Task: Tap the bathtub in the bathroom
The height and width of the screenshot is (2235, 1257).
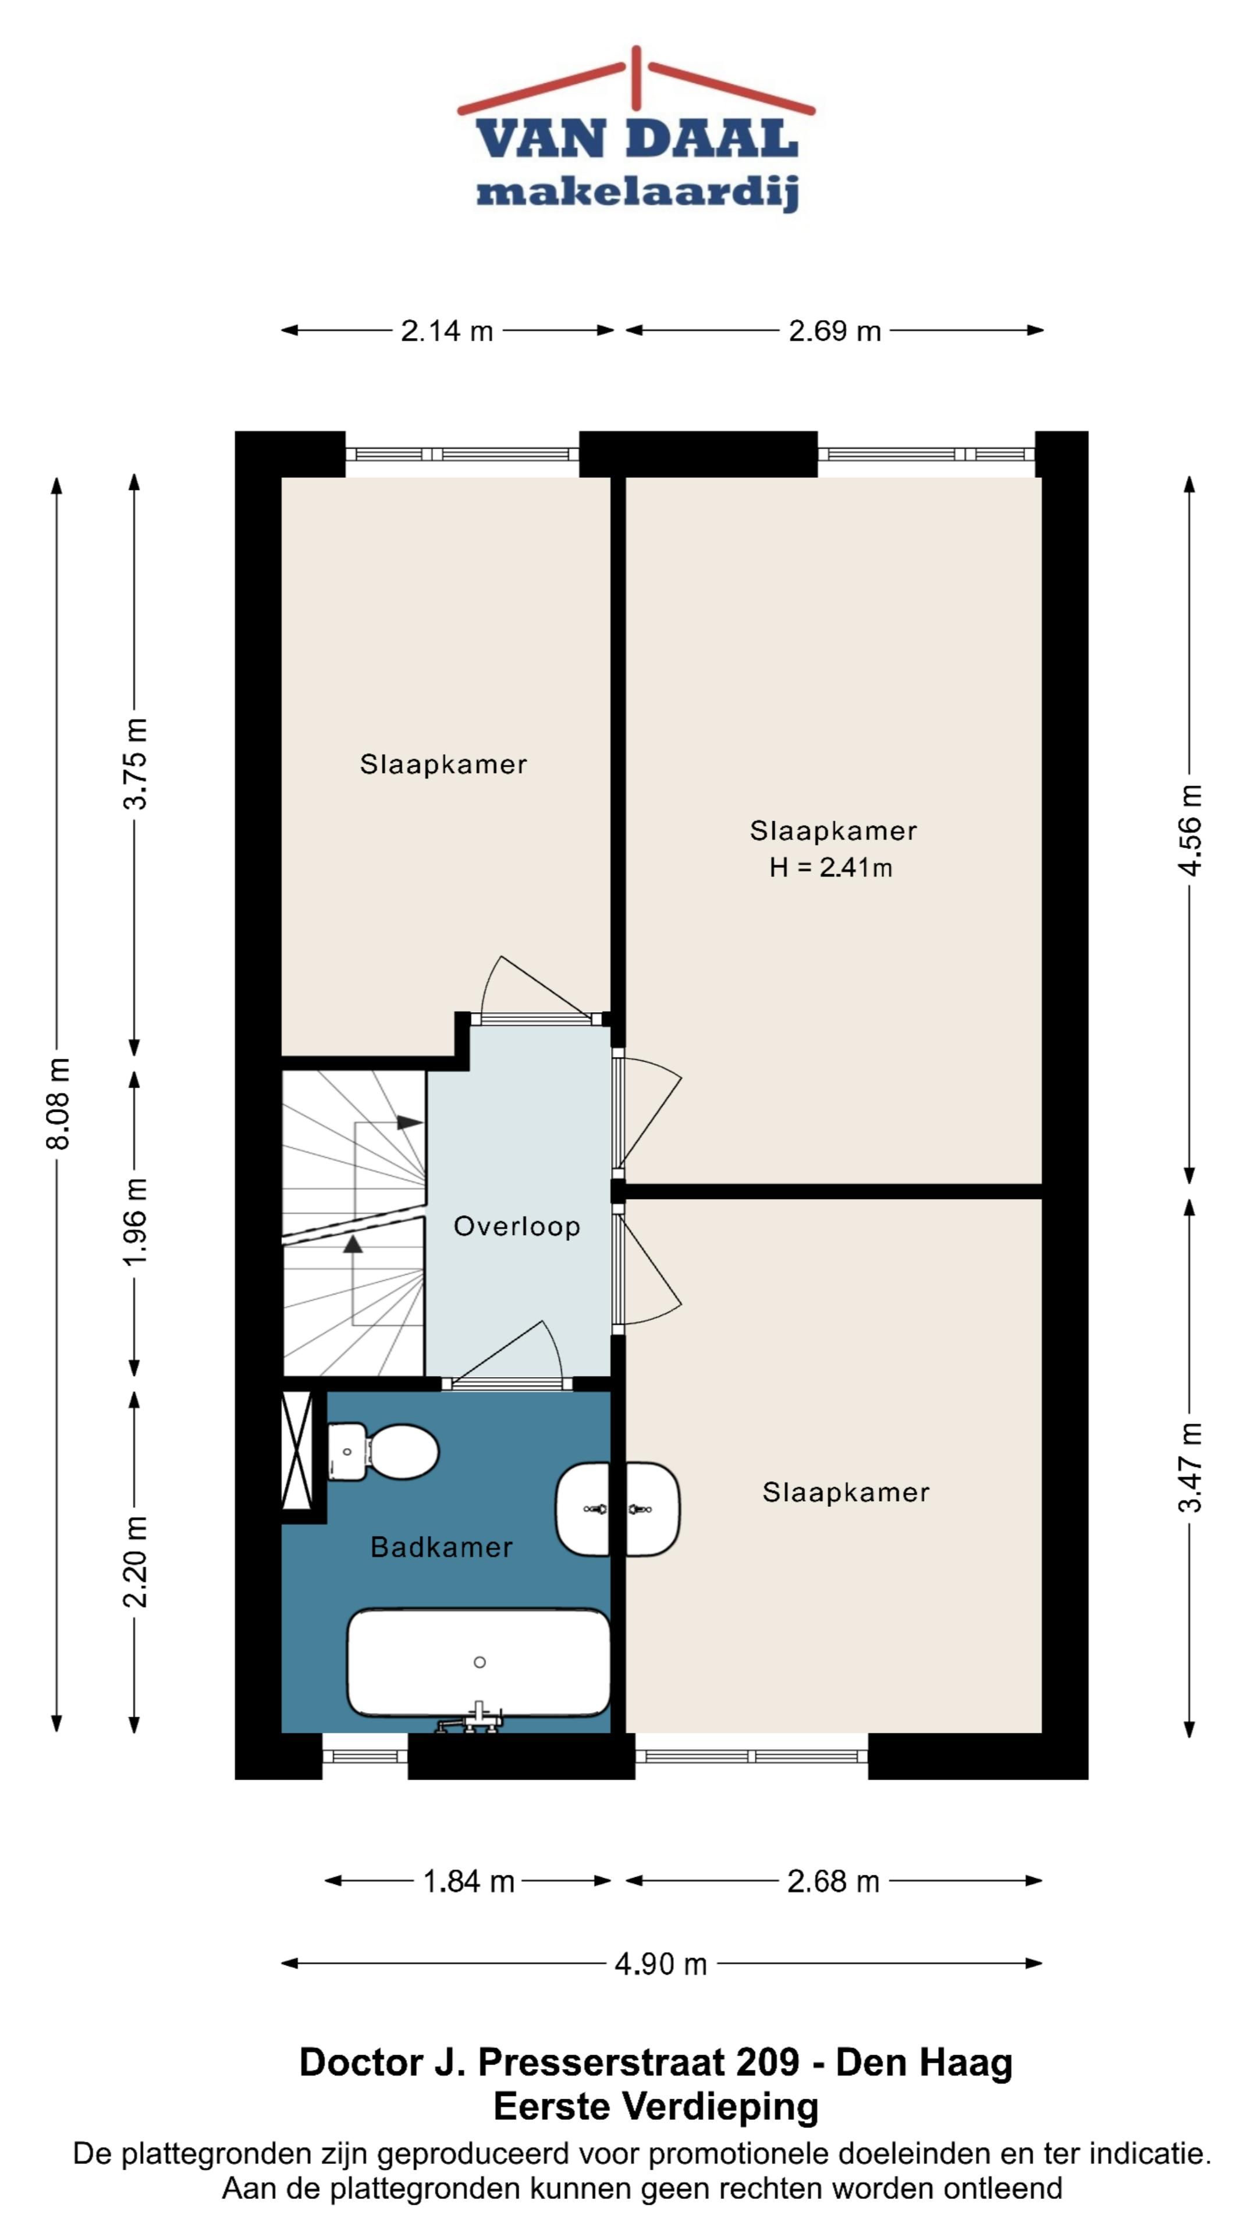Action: (x=478, y=1662)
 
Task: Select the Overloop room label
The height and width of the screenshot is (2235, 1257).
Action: (x=517, y=1226)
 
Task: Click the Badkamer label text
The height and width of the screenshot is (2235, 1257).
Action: (x=442, y=1547)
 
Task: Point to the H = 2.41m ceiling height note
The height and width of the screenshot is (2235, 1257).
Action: (x=830, y=867)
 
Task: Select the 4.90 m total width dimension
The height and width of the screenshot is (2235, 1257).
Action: (x=661, y=1963)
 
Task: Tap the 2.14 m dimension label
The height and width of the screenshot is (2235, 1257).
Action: (x=447, y=331)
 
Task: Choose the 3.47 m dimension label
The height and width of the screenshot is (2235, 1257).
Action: (x=1190, y=1467)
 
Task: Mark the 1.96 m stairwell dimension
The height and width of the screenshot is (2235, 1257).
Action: (x=134, y=1222)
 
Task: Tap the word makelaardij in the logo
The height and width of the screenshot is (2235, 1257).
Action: (x=638, y=191)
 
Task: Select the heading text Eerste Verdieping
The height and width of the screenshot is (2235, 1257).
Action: (x=656, y=2106)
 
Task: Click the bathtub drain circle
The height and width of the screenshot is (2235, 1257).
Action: (x=480, y=1662)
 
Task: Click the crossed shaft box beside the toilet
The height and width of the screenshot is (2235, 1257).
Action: (x=297, y=1450)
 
